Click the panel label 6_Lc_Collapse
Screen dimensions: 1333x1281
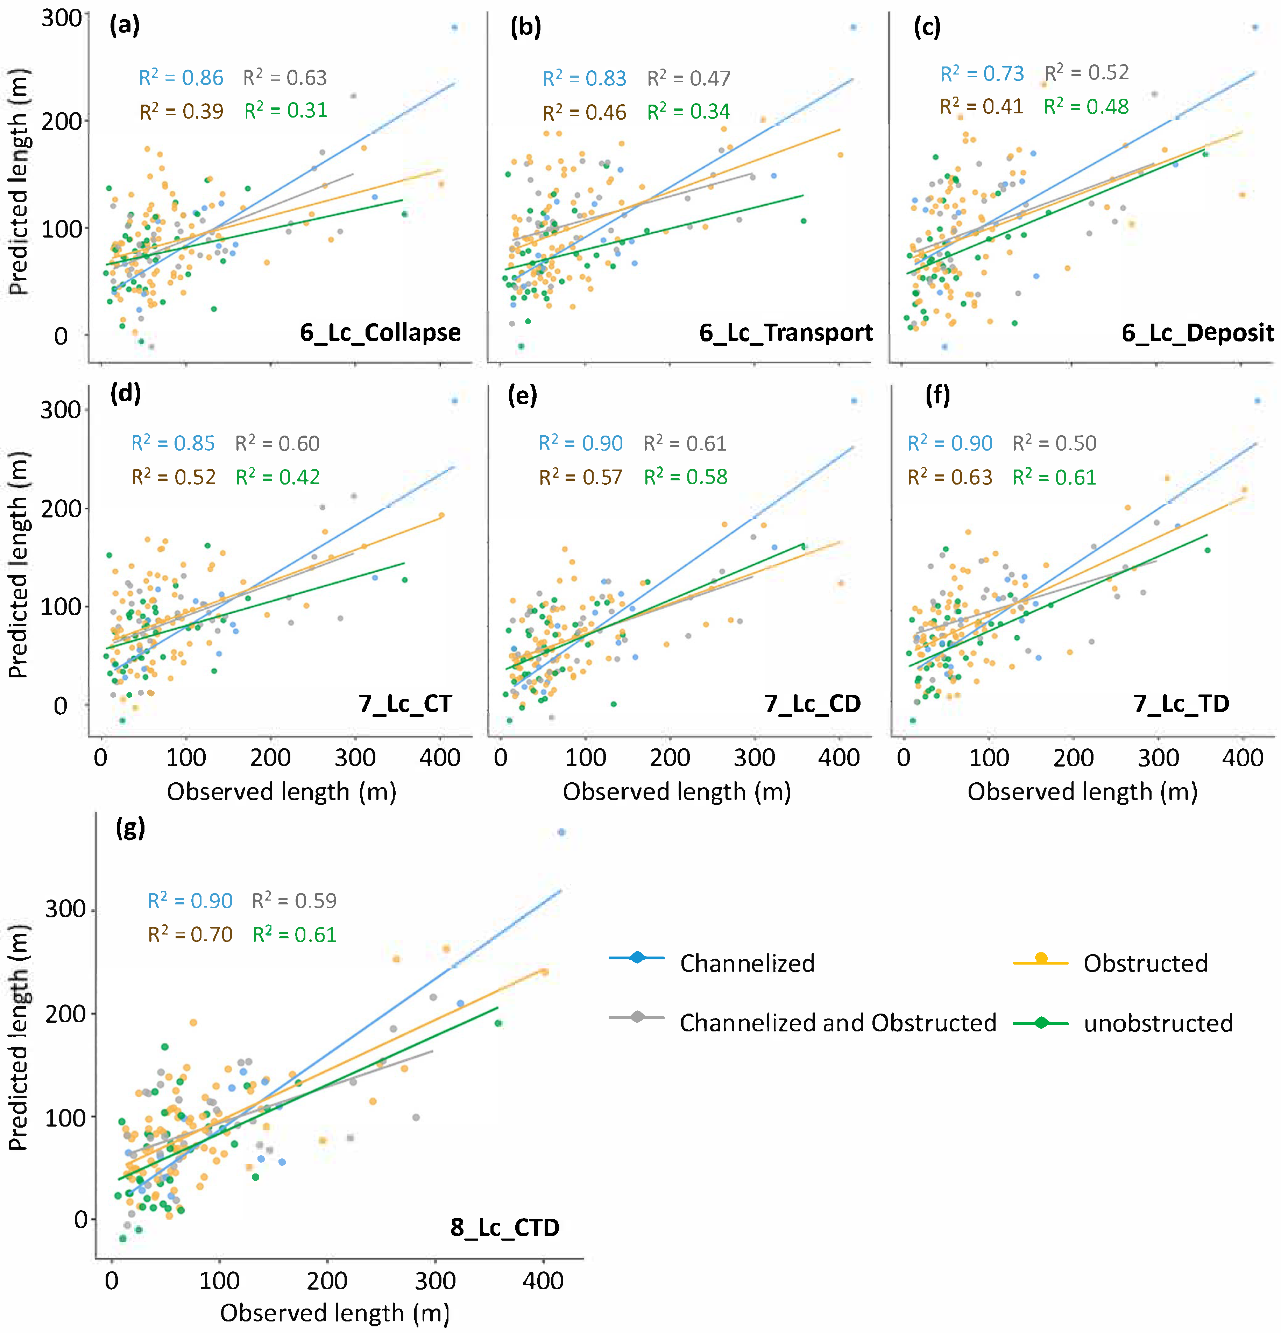[x=380, y=333]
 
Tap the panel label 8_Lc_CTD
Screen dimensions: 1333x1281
[x=504, y=1227]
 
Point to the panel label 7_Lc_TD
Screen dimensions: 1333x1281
[x=1181, y=703]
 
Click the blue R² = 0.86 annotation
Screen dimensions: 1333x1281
[x=181, y=78]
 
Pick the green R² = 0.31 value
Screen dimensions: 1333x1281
[x=285, y=110]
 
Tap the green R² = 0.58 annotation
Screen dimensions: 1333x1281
[x=685, y=477]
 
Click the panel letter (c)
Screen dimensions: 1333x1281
[x=927, y=27]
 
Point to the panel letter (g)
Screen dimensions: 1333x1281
[x=130, y=828]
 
